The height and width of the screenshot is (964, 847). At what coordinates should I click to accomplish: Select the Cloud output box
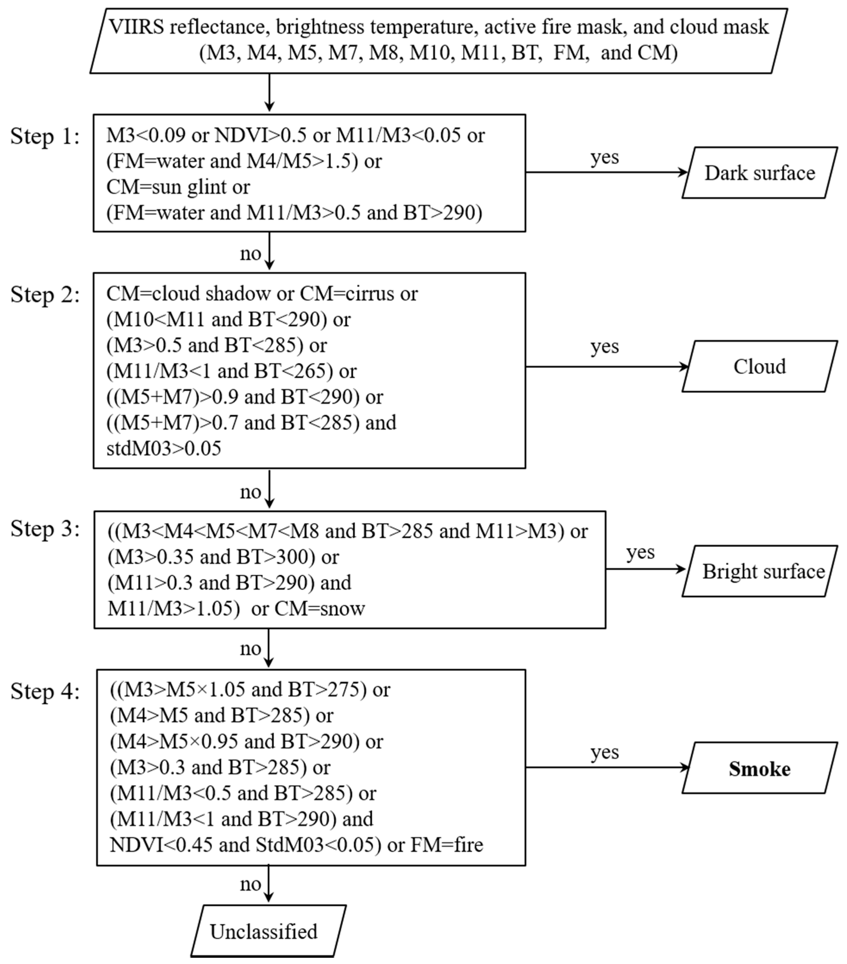(x=759, y=366)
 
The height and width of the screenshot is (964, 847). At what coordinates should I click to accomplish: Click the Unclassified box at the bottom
(x=268, y=931)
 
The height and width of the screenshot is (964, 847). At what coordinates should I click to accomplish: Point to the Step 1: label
(x=45, y=137)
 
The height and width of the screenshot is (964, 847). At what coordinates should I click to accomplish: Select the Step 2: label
(x=45, y=295)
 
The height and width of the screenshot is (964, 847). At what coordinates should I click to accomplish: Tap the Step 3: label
(x=45, y=529)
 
